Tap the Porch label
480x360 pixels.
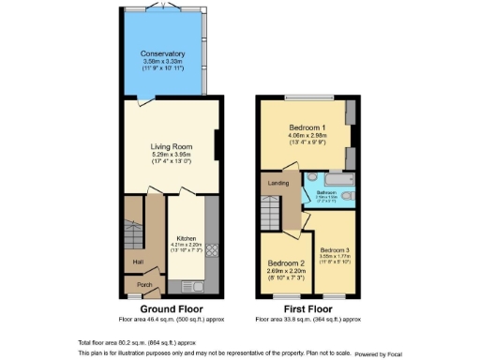point(144,286)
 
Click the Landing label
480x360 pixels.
point(278,183)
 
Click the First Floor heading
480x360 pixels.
point(307,308)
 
